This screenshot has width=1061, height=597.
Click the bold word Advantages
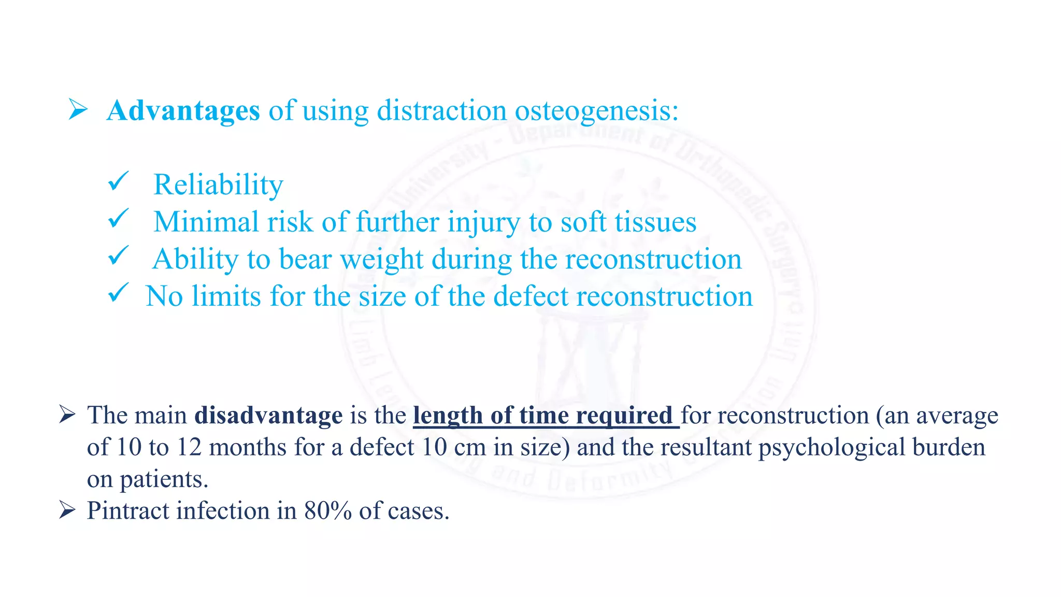[183, 110]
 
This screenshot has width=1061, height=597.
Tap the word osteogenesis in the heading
[596, 111]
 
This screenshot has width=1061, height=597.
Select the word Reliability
[218, 184]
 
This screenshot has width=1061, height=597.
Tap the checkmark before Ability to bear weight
[118, 256]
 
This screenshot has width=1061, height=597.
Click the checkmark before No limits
[118, 293]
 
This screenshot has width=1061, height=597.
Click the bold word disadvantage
[268, 415]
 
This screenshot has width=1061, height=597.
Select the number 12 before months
[189, 447]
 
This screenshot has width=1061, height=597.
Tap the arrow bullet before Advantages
[78, 110]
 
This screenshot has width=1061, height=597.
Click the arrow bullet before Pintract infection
[67, 510]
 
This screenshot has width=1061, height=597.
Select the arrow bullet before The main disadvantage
[67, 415]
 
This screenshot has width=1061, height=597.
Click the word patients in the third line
[164, 479]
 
